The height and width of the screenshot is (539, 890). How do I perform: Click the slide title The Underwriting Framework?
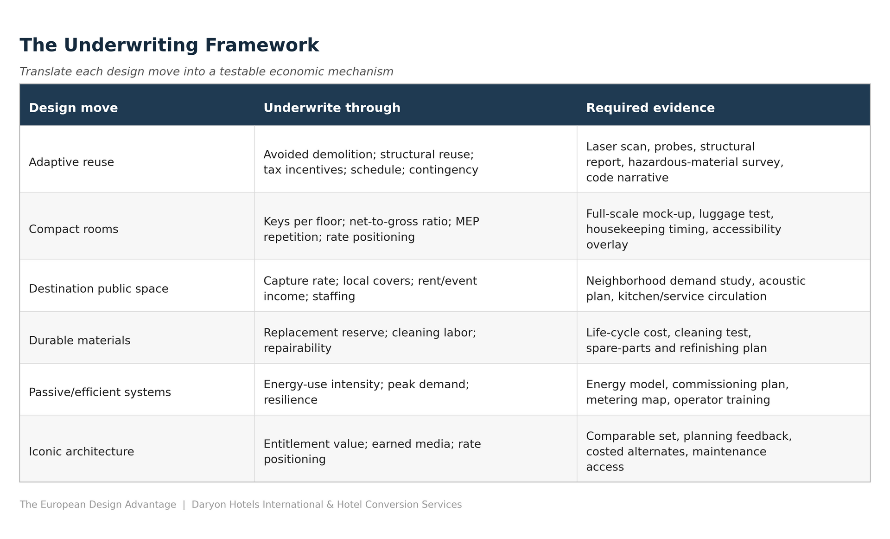point(169,45)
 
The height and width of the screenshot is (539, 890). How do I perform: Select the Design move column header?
point(73,108)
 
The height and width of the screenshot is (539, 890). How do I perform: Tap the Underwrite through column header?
point(332,108)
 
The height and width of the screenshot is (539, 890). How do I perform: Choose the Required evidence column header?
point(650,108)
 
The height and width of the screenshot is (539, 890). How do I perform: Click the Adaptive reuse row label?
point(71,162)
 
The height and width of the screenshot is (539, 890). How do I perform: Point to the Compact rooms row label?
point(74,229)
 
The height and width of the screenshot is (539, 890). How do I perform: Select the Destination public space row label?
point(99,289)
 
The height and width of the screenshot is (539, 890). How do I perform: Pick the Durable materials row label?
point(80,340)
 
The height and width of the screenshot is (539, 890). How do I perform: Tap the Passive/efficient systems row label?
point(100,392)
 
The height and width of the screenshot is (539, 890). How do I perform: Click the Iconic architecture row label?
point(82,452)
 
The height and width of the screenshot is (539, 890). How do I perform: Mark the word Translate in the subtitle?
point(46,71)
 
